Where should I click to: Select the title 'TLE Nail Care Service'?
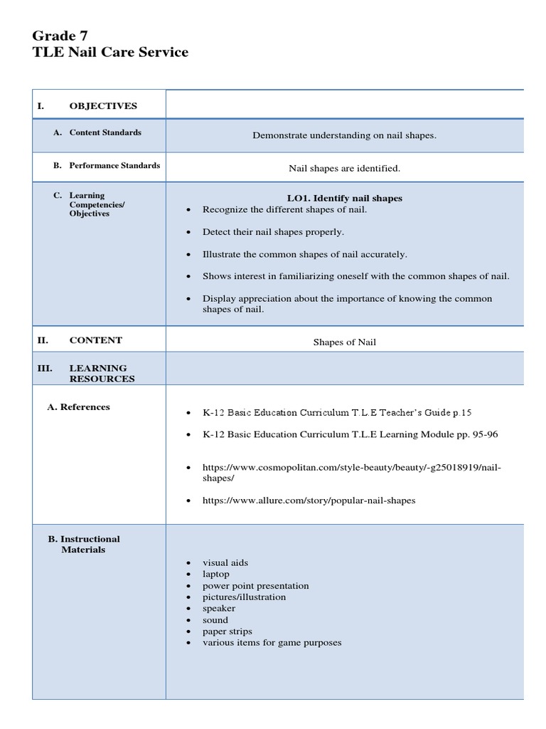point(110,52)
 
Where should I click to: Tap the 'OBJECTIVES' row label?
point(103,106)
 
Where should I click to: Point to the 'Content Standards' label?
point(105,132)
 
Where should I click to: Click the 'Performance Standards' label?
point(114,165)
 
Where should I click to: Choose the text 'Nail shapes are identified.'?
point(344,169)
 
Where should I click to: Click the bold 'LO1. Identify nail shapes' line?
point(344,198)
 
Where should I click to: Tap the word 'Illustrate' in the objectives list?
point(224,254)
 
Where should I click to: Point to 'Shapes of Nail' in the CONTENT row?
point(345,342)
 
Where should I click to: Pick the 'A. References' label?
point(78,407)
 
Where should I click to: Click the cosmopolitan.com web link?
point(351,473)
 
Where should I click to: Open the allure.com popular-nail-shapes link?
point(309,500)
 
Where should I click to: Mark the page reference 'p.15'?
point(462,412)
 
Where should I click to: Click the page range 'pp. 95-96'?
point(485,434)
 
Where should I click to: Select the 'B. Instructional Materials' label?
point(84,544)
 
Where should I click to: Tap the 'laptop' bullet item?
point(216,574)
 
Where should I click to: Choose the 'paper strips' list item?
point(227,631)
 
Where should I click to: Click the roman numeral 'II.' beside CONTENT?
point(43,340)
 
